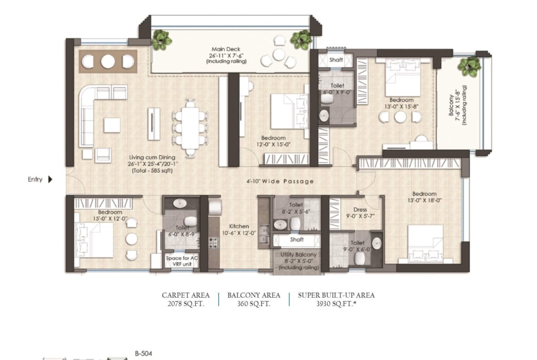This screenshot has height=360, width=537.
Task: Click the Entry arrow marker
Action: click(x=50, y=179)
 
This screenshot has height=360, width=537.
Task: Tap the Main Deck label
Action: click(x=226, y=49)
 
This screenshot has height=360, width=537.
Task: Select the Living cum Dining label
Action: click(x=152, y=157)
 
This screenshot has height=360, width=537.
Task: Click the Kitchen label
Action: click(x=239, y=226)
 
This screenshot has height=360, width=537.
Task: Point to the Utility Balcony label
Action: click(x=298, y=255)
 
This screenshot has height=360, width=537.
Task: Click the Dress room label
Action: click(x=360, y=210)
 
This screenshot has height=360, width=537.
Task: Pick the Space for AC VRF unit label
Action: click(x=182, y=261)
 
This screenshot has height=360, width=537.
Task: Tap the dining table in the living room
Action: click(x=190, y=128)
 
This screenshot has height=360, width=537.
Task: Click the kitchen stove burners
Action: click(x=213, y=243)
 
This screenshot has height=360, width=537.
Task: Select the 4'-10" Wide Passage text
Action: click(x=280, y=181)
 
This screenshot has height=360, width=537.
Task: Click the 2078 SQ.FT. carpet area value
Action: click(x=185, y=304)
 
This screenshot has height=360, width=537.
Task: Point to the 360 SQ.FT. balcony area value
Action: click(x=253, y=304)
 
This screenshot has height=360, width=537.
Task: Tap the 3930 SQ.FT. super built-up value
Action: click(x=336, y=304)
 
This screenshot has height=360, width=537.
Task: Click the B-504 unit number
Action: click(x=144, y=354)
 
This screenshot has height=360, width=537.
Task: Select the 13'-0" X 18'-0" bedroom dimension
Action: click(x=425, y=200)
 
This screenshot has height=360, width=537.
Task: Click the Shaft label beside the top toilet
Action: click(x=336, y=60)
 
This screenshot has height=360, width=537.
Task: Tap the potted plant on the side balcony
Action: click(x=469, y=66)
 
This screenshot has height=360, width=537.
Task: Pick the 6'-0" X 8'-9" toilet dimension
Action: click(x=182, y=235)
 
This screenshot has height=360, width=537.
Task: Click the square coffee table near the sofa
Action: click(x=112, y=125)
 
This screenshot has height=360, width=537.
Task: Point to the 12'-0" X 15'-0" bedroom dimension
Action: click(x=273, y=144)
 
